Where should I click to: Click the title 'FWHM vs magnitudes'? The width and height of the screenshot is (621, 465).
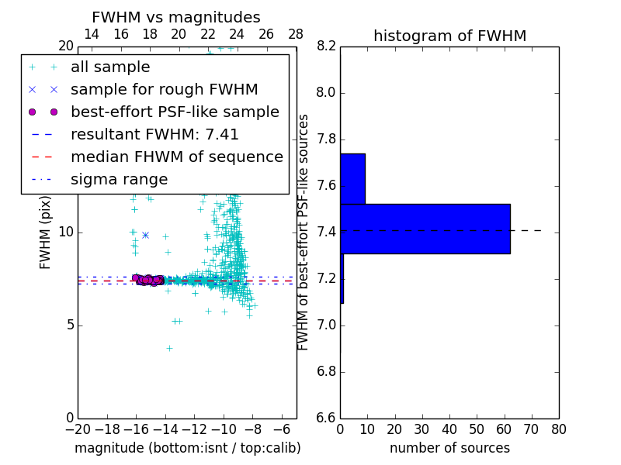coord(176,18)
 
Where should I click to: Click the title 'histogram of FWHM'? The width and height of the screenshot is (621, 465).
coord(449,36)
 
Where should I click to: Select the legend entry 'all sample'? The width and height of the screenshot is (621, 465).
coord(110,67)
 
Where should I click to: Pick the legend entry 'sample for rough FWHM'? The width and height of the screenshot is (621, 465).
coord(164,90)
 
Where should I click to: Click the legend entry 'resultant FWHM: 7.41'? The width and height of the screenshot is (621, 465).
coord(154,135)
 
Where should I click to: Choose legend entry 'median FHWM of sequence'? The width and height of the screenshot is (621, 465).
coord(176,157)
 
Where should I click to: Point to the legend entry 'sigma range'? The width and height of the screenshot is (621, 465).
coord(119,180)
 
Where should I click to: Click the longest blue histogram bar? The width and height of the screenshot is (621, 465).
coord(425,229)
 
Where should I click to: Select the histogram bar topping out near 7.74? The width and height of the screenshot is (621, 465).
coord(352,179)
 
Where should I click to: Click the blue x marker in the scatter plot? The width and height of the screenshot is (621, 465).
coord(145,235)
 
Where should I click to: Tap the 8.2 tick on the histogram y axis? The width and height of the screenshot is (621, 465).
coord(326,46)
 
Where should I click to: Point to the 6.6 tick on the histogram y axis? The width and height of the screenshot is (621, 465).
coord(326,418)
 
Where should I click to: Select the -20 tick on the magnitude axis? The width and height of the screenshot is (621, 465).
coord(78,429)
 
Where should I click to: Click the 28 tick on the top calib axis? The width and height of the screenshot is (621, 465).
coord(296,34)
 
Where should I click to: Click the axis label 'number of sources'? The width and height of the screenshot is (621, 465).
coord(449,448)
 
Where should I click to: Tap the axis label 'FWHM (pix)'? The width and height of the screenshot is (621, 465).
coord(46,232)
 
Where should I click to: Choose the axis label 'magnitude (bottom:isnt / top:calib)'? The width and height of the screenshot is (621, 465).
coord(187,448)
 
